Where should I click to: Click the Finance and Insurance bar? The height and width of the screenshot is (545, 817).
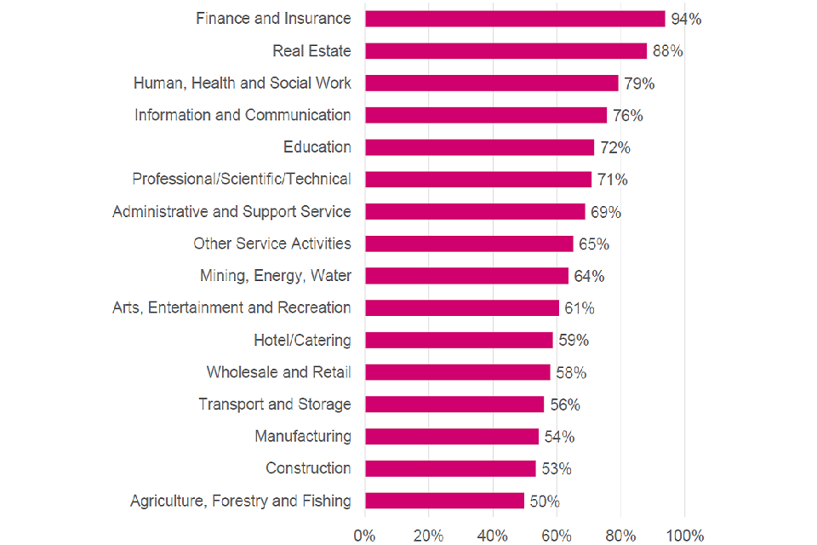(x=515, y=19)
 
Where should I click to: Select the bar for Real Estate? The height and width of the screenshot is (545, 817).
(x=506, y=51)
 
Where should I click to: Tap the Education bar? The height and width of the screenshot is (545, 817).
(x=479, y=147)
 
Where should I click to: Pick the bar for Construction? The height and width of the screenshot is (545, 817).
(x=450, y=468)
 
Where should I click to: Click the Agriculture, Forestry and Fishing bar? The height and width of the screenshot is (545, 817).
(x=444, y=501)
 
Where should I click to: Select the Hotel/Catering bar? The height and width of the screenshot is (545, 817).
(x=459, y=340)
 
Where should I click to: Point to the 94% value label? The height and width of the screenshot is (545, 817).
(x=686, y=19)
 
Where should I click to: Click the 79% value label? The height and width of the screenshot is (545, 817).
(x=640, y=83)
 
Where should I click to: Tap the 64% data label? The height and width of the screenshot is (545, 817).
(x=589, y=276)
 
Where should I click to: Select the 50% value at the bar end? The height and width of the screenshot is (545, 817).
(x=545, y=501)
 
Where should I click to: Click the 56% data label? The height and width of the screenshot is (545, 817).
(x=564, y=404)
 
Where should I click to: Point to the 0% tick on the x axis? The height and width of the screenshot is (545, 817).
(x=364, y=536)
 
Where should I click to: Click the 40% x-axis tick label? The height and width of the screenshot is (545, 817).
(x=493, y=536)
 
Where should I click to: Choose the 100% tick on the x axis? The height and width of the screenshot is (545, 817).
(x=685, y=536)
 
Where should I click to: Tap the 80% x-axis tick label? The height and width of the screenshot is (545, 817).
(x=620, y=536)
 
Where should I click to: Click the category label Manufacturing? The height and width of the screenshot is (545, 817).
(x=303, y=436)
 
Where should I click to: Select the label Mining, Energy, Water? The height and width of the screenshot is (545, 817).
(x=276, y=276)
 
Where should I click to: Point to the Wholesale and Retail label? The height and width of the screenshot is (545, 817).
(x=278, y=372)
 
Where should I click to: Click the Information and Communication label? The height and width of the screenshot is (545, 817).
(x=243, y=115)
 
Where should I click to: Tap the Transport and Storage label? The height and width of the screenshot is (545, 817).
(x=275, y=404)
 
